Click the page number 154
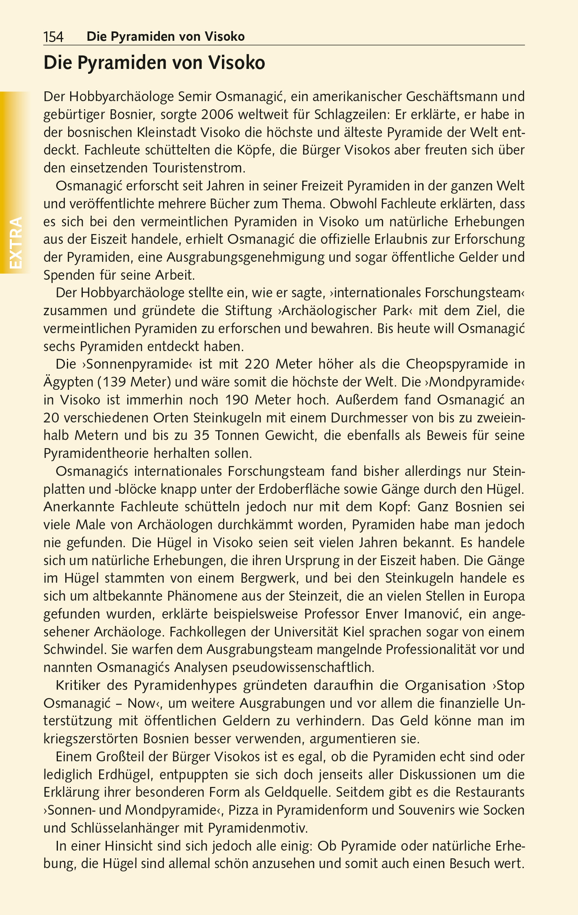tap(53, 37)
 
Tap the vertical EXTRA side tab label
tap(16, 243)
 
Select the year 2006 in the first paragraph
tap(217, 115)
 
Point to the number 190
tap(237, 400)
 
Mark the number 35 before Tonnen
tap(202, 435)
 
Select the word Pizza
tap(245, 810)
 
